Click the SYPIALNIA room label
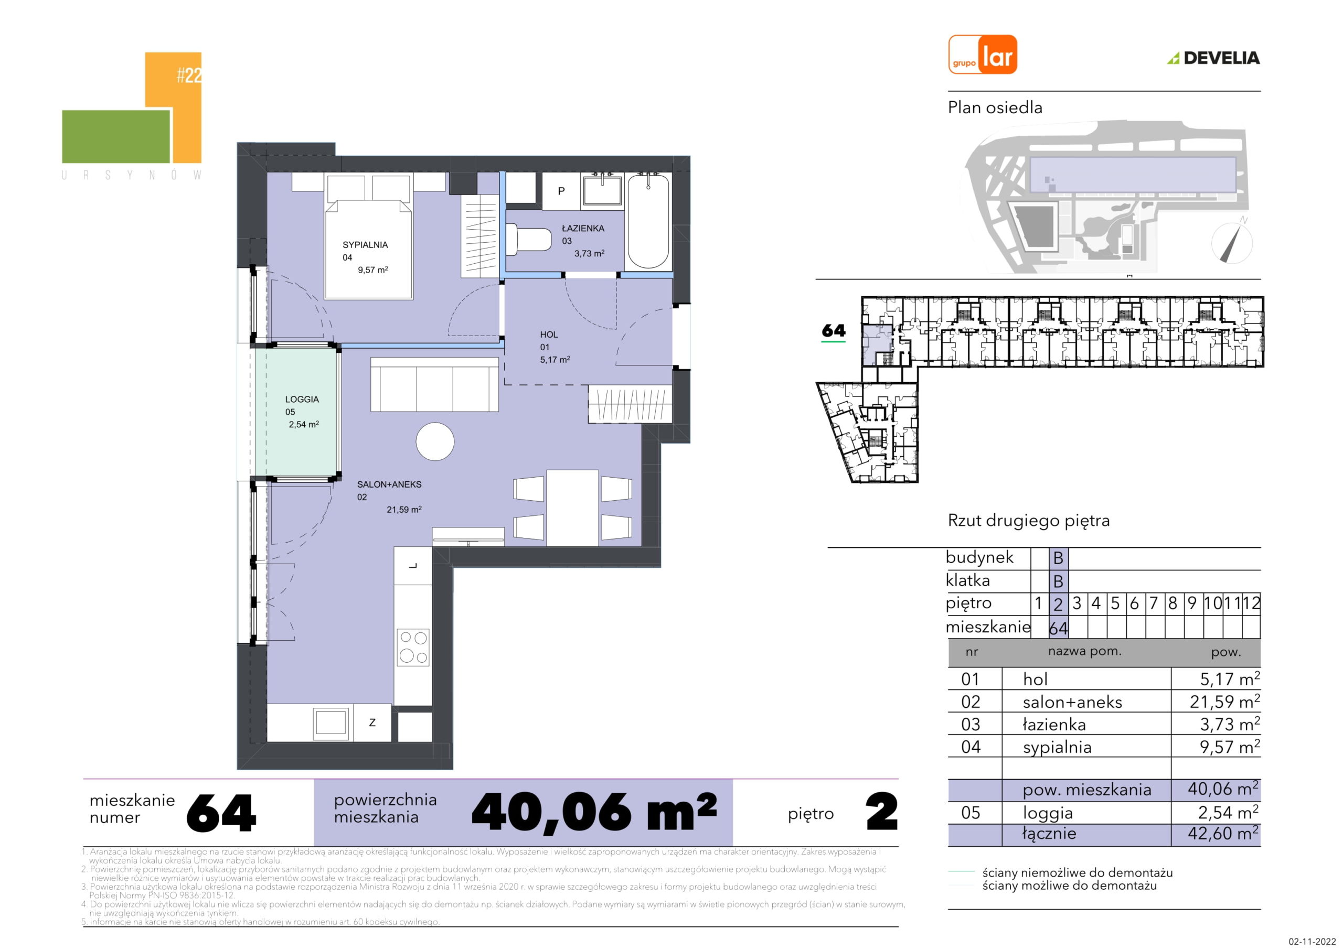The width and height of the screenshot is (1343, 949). (x=365, y=245)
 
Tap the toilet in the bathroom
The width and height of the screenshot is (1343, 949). (x=528, y=240)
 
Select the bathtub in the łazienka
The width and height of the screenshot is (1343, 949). (x=648, y=222)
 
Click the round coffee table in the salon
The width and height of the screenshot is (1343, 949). (x=434, y=441)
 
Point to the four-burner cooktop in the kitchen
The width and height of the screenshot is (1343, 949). (x=413, y=648)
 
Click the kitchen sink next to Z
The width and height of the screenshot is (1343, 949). (x=332, y=722)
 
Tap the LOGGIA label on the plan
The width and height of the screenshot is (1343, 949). (x=302, y=400)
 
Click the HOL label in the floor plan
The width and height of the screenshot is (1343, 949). (x=549, y=335)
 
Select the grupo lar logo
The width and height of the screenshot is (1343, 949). (x=982, y=55)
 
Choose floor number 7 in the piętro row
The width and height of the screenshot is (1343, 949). (x=1153, y=603)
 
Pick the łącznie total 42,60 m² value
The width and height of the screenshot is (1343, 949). (x=1223, y=833)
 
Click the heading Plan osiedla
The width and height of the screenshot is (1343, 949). (x=995, y=107)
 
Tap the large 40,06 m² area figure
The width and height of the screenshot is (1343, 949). (x=594, y=812)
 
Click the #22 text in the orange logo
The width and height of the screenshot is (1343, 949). (x=189, y=76)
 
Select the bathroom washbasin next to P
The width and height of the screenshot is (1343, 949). (x=602, y=191)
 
